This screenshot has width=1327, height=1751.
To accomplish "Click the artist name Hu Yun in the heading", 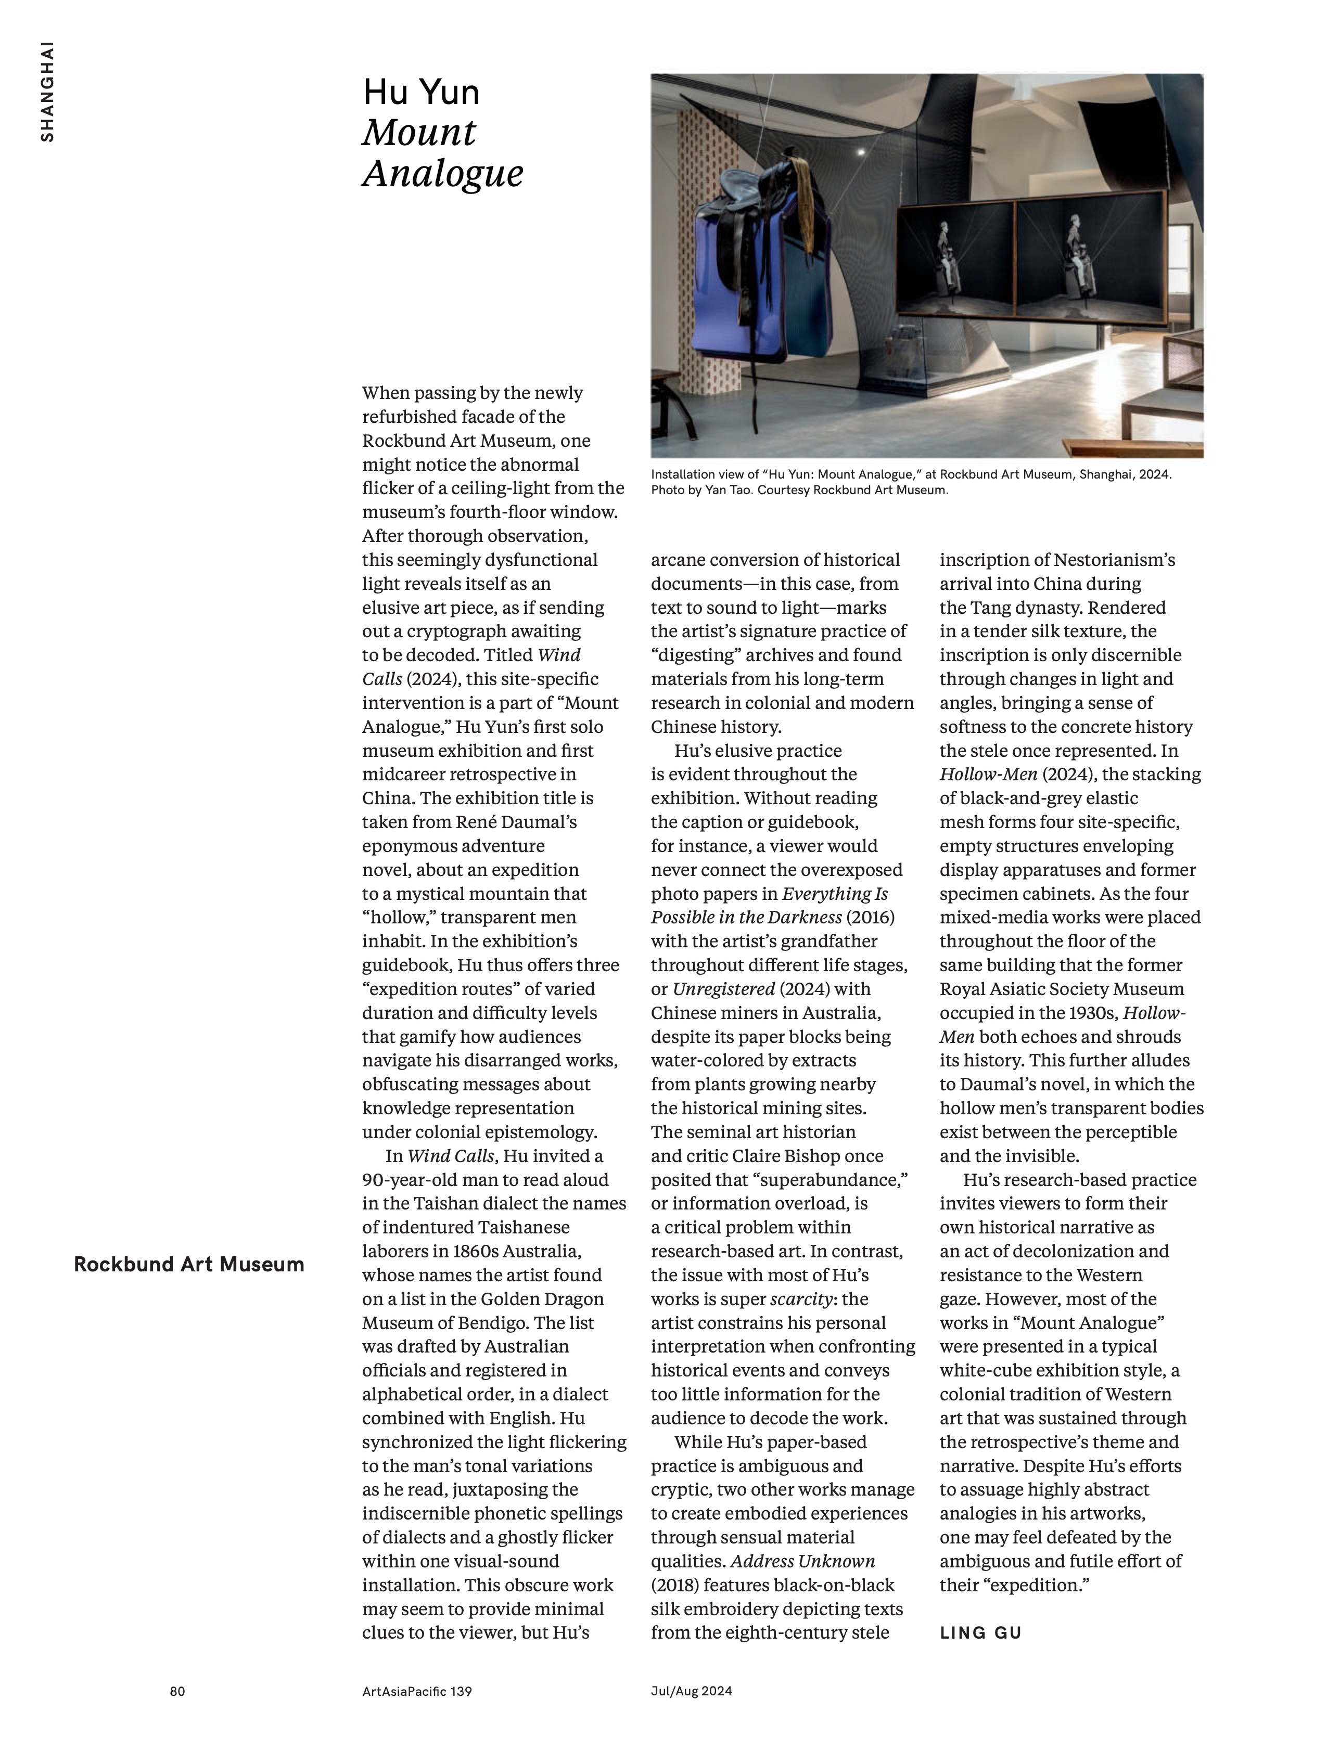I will click(x=421, y=93).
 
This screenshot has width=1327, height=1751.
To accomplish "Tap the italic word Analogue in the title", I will click(x=443, y=173).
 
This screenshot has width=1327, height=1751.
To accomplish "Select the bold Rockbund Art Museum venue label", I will click(x=188, y=1264).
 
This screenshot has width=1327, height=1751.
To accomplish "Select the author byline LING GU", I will click(x=980, y=1632).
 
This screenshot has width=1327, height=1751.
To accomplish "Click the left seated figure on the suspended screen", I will click(x=948, y=261).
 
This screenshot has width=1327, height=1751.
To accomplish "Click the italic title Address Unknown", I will click(x=803, y=1561).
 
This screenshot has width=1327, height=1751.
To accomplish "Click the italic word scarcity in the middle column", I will click(x=801, y=1299).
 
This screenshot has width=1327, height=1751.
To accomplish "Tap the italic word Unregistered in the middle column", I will click(x=723, y=989).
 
